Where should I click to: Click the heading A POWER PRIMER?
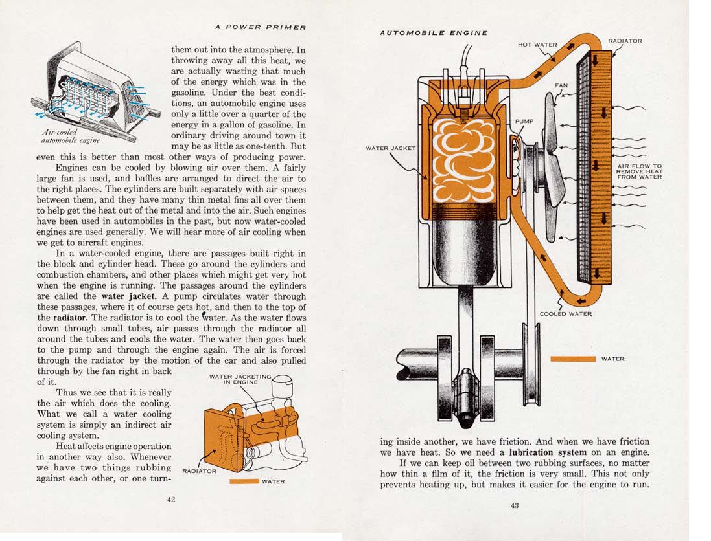261,27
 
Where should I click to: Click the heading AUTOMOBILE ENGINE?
434,32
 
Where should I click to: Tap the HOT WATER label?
537,45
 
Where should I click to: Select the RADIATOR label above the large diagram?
625,41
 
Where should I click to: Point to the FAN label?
561,85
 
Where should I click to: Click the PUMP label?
524,121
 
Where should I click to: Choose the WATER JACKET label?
391,148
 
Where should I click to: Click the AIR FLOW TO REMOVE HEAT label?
639,171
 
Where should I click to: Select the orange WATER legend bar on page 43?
572,359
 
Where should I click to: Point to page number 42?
171,499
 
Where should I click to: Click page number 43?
514,505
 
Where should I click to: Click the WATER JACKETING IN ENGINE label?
240,379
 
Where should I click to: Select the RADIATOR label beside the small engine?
199,471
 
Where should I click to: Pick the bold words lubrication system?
548,452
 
